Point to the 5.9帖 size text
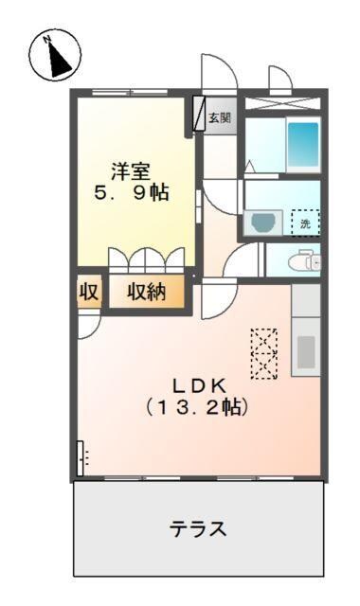coord(132,193)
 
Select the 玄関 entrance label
coord(220,118)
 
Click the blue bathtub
coord(303,145)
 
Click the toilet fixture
coord(304,259)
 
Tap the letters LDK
coord(197,386)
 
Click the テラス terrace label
coord(198,528)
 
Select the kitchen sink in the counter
coord(305,351)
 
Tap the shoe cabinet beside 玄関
coord(199,115)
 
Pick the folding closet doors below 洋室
coord(147,260)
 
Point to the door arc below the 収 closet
coord(87,325)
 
